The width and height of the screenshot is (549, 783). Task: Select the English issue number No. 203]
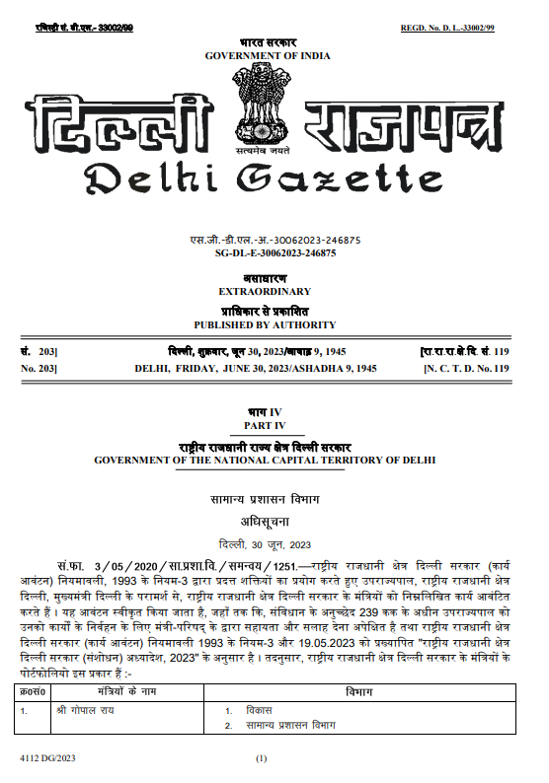[x=39, y=368]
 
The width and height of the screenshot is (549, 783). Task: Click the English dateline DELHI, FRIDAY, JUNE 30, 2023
[x=256, y=368]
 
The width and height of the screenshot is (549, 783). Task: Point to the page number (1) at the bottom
[x=262, y=759]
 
